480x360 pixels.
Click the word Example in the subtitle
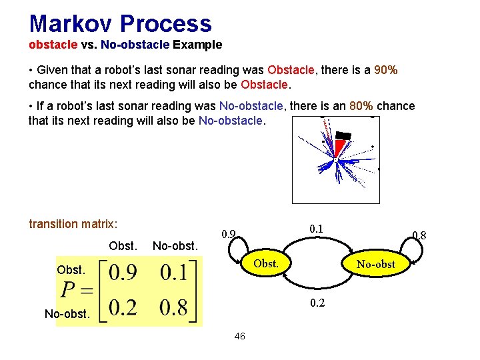pos(197,45)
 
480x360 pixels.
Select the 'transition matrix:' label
pos(73,224)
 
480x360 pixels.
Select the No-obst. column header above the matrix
pos(175,246)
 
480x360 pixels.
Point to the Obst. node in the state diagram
pos(266,263)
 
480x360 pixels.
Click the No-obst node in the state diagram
pos(375,265)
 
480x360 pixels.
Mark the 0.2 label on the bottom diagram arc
pos(317,303)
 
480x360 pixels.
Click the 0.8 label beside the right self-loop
pos(419,235)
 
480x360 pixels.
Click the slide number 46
pos(239,337)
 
